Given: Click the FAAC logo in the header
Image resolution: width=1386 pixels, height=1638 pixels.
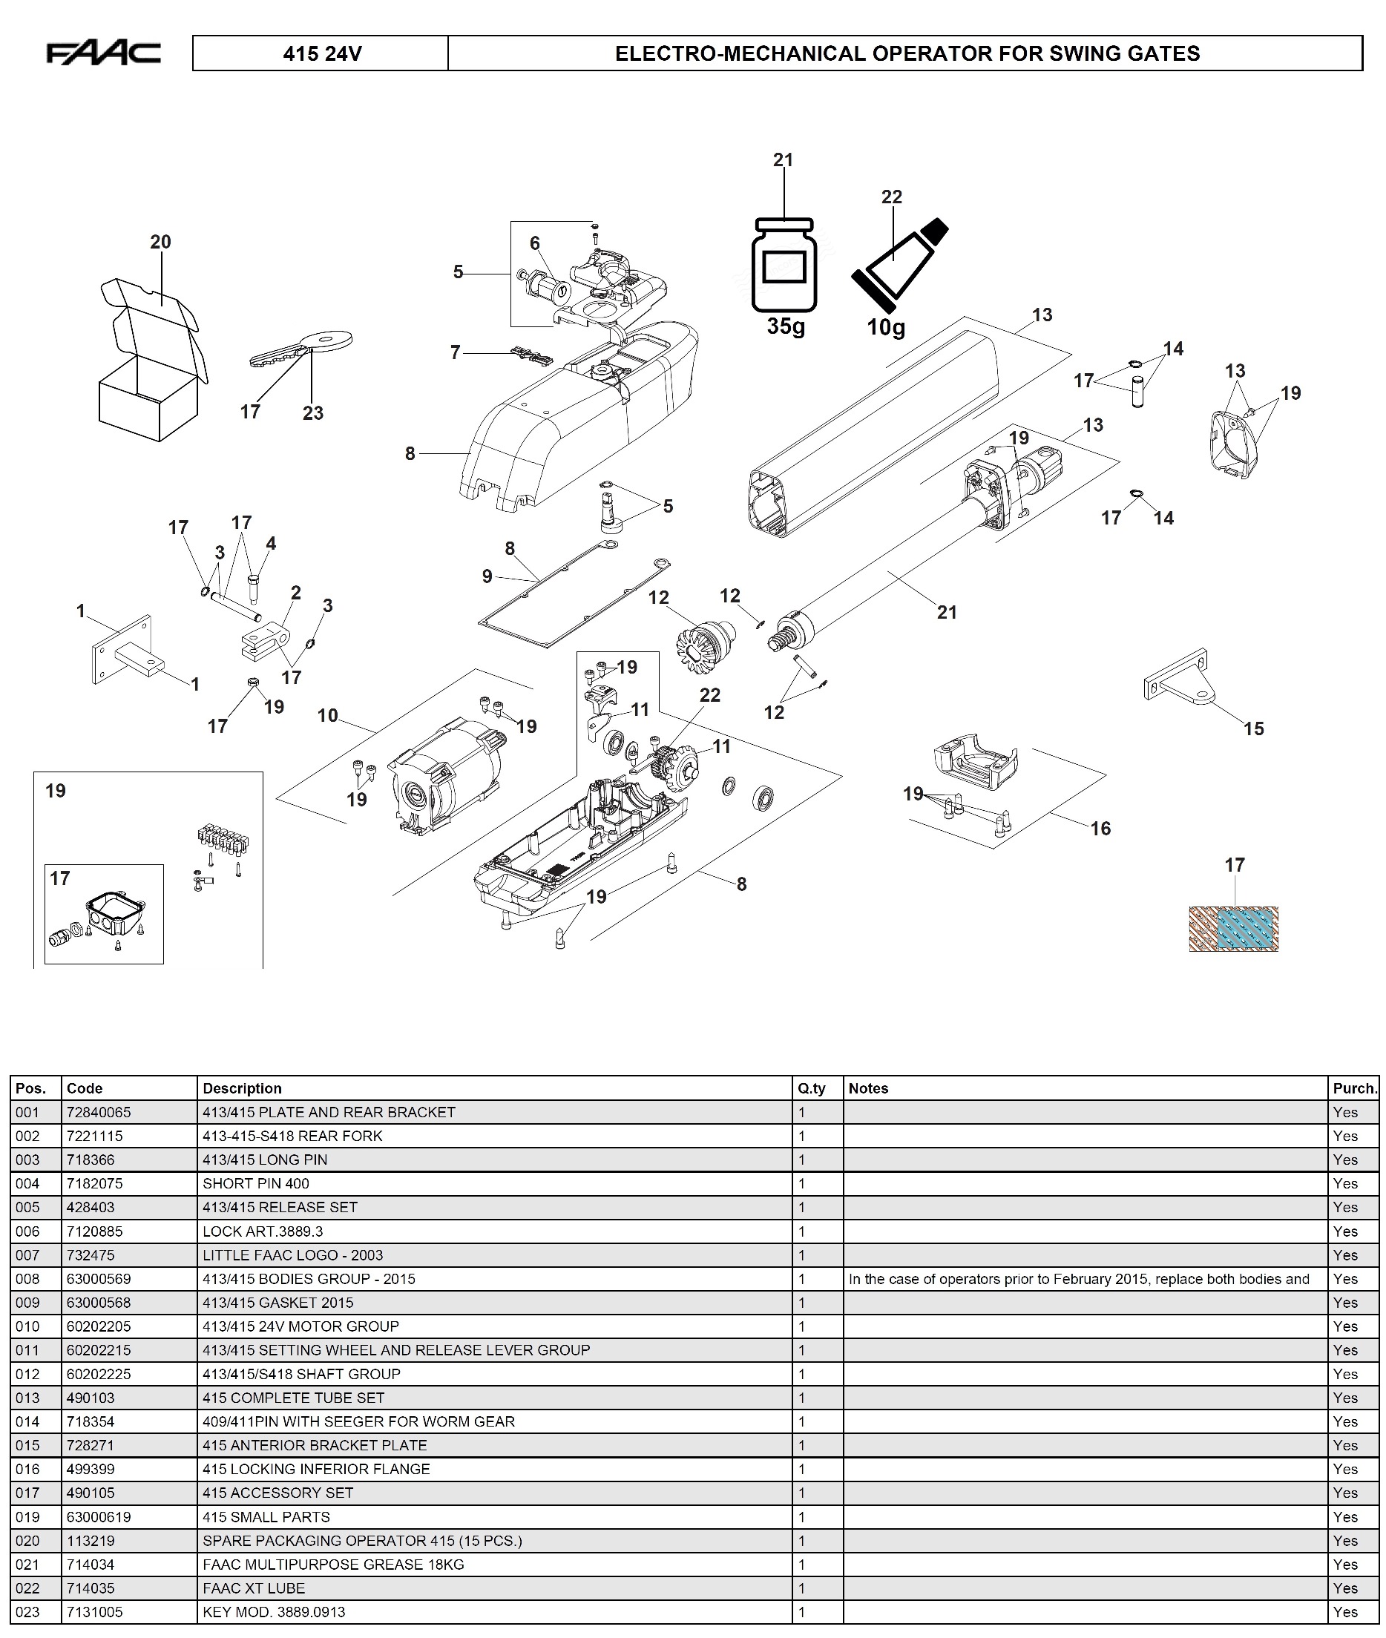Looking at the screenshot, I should point(104,53).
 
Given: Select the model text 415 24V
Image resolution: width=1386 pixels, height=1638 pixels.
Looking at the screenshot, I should point(322,53).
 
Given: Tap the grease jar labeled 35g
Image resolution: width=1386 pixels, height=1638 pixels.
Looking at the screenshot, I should point(784,264).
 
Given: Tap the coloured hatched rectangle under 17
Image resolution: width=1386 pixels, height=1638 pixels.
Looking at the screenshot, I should point(1233,929).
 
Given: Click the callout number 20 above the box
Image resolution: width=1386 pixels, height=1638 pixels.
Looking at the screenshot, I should point(160,242).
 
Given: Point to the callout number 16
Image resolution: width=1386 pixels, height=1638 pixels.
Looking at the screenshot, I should point(1100,828).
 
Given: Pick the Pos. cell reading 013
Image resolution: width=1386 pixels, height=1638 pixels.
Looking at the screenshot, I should point(27,1398).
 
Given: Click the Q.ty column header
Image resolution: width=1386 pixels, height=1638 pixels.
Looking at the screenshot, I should point(812,1088).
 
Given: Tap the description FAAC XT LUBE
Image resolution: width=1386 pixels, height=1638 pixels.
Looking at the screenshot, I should point(253,1588).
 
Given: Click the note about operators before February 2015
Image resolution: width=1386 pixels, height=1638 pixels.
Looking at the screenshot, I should point(1079,1279).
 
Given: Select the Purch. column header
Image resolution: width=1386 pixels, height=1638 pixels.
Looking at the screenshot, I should point(1355,1088).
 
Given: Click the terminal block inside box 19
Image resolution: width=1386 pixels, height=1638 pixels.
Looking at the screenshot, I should point(223,839).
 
